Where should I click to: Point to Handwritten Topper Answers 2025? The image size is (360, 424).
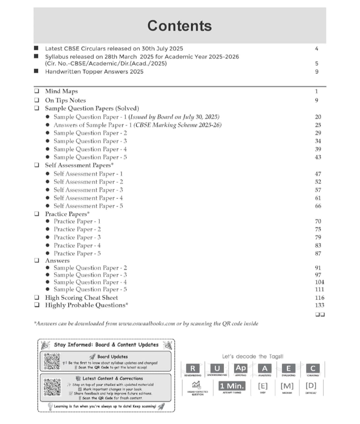94,72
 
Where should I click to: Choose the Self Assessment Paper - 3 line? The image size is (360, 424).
88,190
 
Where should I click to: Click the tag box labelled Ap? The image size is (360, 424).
240,368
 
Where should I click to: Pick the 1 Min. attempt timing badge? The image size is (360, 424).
231,386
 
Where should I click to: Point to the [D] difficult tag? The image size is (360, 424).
311,386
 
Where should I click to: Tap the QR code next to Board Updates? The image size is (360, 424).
52,361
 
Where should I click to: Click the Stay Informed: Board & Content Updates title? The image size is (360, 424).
106,344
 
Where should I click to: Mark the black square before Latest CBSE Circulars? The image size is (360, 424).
36,49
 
